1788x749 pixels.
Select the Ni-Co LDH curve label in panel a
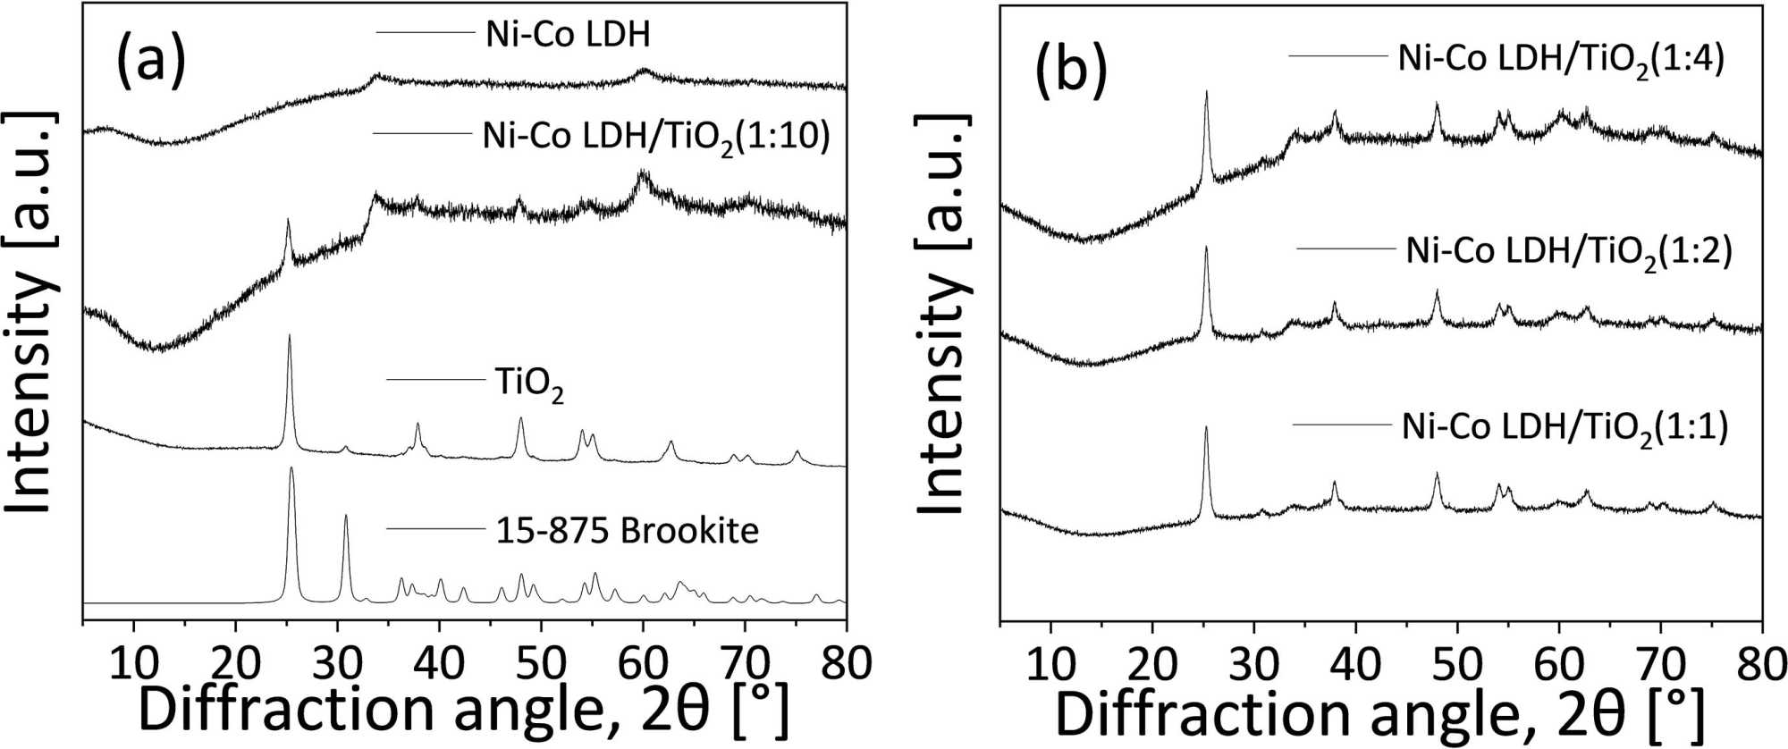pyautogui.click(x=568, y=34)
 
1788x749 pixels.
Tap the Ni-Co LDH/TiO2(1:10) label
pyautogui.click(x=656, y=137)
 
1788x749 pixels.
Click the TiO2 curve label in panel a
pyautogui.click(x=529, y=384)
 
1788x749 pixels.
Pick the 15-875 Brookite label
pyautogui.click(x=627, y=531)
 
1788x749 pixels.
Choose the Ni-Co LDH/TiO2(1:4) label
pyautogui.click(x=1560, y=60)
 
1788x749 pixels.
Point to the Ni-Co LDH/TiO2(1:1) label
pyautogui.click(x=1564, y=427)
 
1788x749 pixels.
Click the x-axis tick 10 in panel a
pyautogui.click(x=134, y=663)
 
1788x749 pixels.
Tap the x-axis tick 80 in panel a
pyautogui.click(x=846, y=663)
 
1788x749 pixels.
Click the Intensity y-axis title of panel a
pyautogui.click(x=31, y=313)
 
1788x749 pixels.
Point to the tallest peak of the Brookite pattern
pyautogui.click(x=291, y=469)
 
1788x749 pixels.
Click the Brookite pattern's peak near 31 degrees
pyautogui.click(x=346, y=517)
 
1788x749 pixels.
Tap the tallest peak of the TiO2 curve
pyautogui.click(x=290, y=337)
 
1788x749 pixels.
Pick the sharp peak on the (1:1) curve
pyautogui.click(x=1206, y=429)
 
